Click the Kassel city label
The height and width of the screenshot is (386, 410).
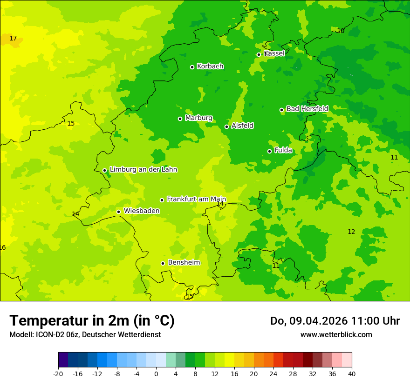coord(274,53)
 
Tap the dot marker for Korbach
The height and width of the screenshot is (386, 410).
coord(192,67)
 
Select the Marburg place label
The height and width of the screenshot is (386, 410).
coord(198,118)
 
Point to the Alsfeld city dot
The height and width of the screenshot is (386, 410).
coord(226,126)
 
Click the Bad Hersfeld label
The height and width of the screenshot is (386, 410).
coord(307,109)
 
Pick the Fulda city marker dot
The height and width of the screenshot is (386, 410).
coord(269,151)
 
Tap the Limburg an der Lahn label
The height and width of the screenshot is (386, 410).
coord(143,170)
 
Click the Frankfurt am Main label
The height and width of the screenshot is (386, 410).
coord(196,199)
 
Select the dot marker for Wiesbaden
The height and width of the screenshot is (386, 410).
coord(118,212)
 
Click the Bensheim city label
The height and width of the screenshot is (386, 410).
coord(184,263)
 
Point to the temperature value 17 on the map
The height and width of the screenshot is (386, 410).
coord(13,38)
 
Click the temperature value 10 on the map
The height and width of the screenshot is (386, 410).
coord(341,31)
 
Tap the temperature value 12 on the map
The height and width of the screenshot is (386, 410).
coord(351,232)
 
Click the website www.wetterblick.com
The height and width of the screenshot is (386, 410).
coord(336,334)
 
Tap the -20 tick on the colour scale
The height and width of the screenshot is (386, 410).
coord(58,373)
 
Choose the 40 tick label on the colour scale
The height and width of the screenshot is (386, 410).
coord(352,373)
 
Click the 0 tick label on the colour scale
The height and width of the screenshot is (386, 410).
coord(156,373)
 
